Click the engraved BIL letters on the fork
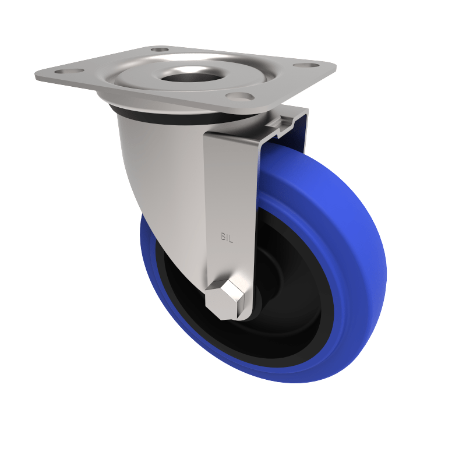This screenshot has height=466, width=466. click(x=227, y=237)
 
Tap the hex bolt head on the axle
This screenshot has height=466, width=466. click(x=227, y=299)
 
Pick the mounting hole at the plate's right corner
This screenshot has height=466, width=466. click(x=305, y=64)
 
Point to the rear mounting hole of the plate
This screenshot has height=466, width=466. click(x=159, y=50)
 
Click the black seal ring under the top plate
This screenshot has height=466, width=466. click(x=175, y=116)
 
